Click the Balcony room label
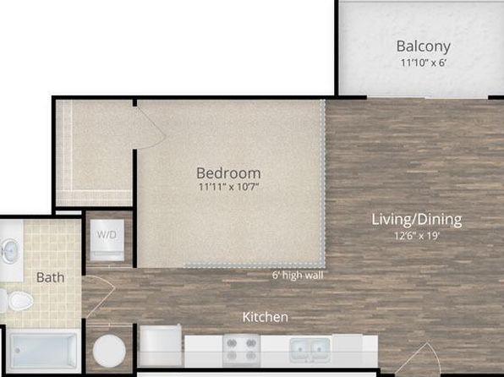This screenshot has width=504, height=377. (x=423, y=46)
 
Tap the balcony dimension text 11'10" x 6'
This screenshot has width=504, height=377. (x=424, y=63)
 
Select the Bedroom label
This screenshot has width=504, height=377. (x=228, y=173)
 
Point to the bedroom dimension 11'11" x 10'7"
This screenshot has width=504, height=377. (x=228, y=187)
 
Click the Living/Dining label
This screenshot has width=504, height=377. (x=417, y=220)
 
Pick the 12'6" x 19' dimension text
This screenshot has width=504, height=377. (x=417, y=236)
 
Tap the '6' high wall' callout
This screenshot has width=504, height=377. (x=298, y=276)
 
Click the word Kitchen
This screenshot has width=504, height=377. (x=266, y=317)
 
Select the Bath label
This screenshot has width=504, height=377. (x=50, y=277)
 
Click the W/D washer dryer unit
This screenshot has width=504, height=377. (x=107, y=240)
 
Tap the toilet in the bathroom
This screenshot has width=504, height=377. (x=18, y=301)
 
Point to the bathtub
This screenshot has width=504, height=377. (x=43, y=351)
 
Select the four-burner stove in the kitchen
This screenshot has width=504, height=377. (x=241, y=350)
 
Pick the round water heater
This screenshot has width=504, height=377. (x=109, y=351)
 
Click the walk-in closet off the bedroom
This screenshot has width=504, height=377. (x=94, y=153)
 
